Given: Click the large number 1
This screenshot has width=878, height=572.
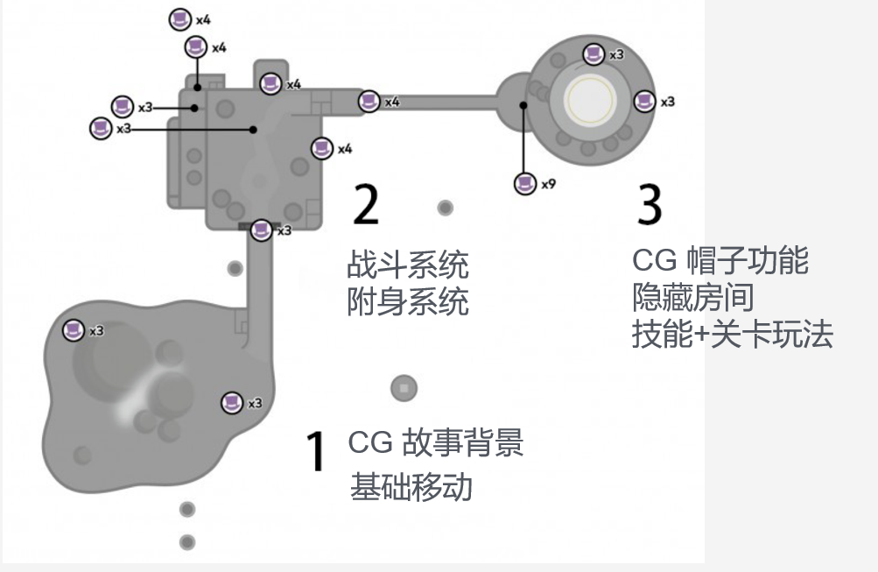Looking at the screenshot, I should (x=315, y=452).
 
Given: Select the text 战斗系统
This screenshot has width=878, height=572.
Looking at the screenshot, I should (x=407, y=264).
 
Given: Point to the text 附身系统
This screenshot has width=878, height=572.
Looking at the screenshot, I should (x=407, y=302).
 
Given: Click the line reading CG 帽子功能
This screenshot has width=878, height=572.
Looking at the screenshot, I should (x=720, y=260).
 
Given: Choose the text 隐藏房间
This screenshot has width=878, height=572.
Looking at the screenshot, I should (x=692, y=298).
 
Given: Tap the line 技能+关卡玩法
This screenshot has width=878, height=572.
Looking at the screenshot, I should (x=732, y=335).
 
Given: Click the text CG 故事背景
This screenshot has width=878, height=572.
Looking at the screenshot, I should (x=435, y=442).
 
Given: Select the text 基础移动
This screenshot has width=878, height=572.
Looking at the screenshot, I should (x=411, y=486).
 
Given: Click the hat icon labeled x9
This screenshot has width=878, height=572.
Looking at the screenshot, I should (x=524, y=183).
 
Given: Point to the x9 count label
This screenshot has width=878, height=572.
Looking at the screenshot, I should (x=549, y=184).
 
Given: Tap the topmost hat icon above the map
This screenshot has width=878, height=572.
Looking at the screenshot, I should (x=180, y=18).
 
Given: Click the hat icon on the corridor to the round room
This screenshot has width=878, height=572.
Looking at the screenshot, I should (x=369, y=102).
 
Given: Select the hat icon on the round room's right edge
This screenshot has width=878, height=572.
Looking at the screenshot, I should (x=644, y=101).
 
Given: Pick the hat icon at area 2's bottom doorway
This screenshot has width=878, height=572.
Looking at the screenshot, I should (x=261, y=230).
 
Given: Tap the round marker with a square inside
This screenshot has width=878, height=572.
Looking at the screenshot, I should (x=404, y=387).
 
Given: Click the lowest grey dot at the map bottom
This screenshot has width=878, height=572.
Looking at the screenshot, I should (x=187, y=542).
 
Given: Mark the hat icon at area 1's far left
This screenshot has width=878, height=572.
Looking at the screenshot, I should (x=74, y=330).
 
